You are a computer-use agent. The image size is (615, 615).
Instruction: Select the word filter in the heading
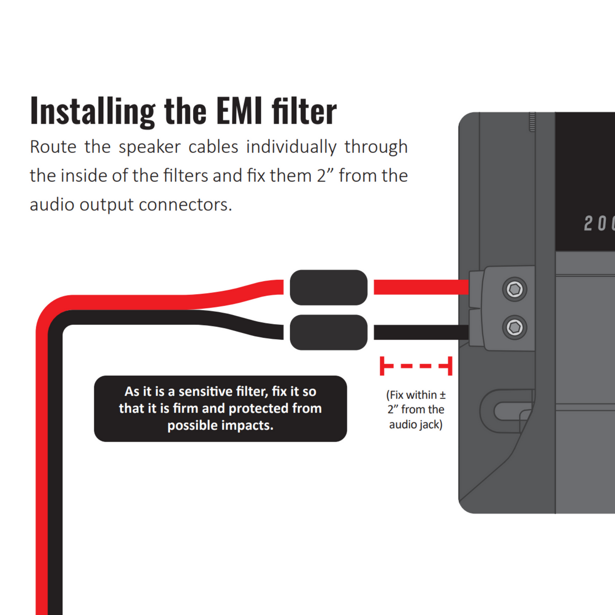(304, 112)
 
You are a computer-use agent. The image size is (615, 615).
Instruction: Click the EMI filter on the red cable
(328, 288)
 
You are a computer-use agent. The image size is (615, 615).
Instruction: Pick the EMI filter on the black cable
(328, 332)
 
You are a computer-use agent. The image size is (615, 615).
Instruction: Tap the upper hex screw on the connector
(515, 289)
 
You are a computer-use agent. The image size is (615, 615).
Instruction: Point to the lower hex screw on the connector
(515, 328)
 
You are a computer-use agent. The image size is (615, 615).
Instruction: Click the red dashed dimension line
(416, 366)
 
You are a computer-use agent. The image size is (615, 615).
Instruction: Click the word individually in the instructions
(291, 147)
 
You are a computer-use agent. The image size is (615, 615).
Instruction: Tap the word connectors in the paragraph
(185, 205)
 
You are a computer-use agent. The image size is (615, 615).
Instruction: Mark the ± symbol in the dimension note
(443, 395)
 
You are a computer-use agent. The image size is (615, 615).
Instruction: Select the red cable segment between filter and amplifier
(421, 287)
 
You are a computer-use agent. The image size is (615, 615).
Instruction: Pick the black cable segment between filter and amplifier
(421, 332)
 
